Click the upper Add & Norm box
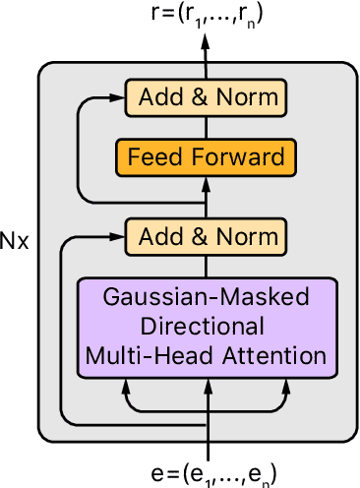coord(206,97)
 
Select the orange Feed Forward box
coord(206,156)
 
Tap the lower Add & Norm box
coord(206,237)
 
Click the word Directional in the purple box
coord(208,325)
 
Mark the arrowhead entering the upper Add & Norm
coord(119,98)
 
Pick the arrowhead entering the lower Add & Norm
coord(119,237)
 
